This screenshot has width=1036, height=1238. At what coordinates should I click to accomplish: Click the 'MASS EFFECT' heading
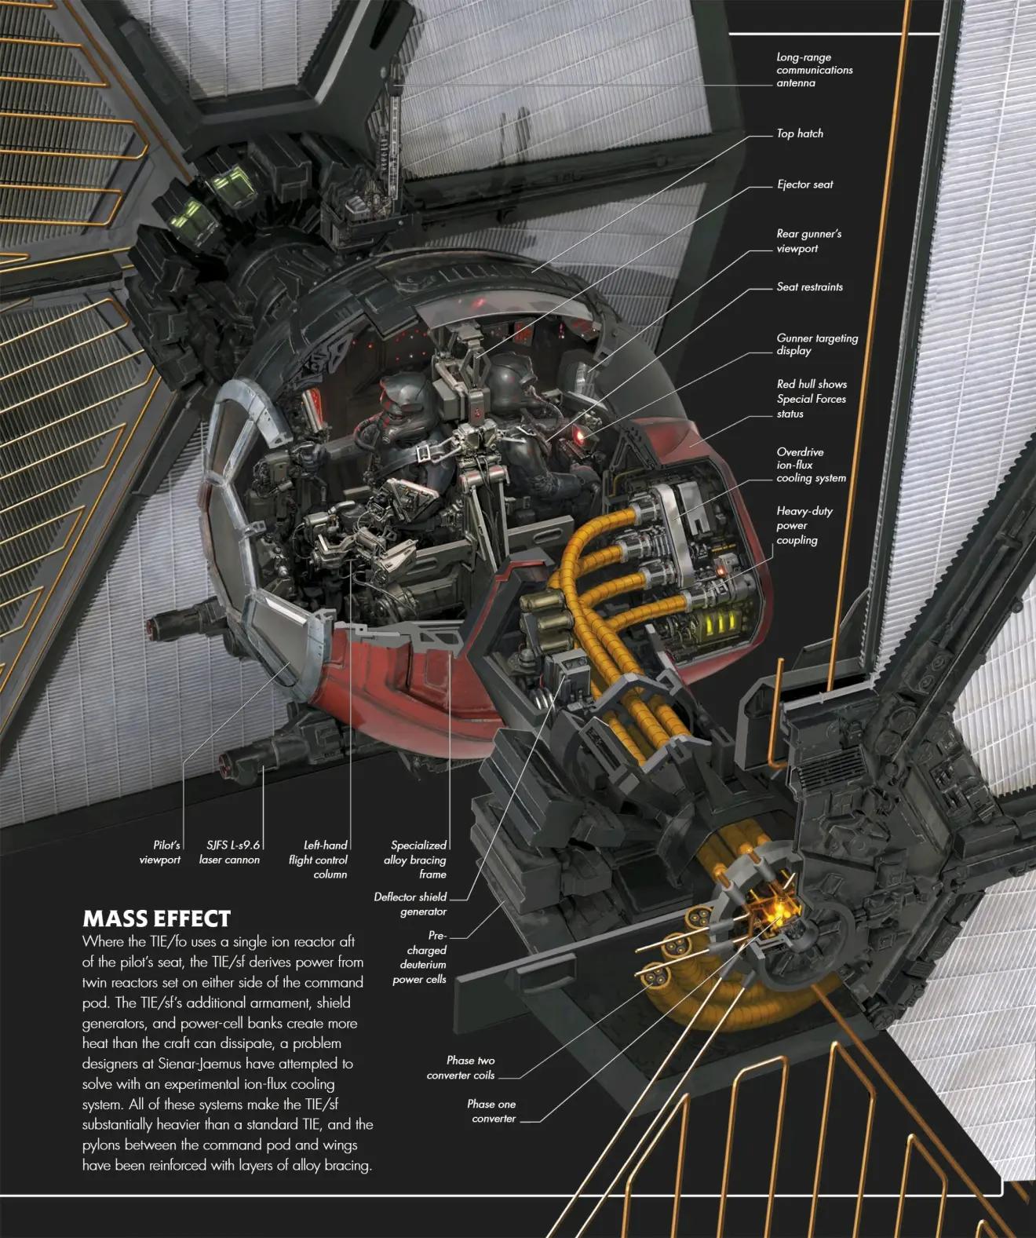[156, 918]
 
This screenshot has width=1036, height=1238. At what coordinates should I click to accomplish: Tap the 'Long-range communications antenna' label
[814, 70]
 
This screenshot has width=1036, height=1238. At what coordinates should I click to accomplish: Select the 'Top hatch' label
[800, 133]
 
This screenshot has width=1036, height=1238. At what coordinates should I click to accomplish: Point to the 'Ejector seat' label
[804, 184]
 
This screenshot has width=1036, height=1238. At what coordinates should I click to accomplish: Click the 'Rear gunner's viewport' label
[808, 241]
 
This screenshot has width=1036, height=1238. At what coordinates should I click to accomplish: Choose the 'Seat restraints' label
[809, 287]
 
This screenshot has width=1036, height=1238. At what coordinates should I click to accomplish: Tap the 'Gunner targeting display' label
[816, 345]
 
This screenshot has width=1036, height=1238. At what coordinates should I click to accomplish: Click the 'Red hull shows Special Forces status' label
[812, 399]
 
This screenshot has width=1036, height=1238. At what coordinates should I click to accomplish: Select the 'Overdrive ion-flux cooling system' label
[811, 465]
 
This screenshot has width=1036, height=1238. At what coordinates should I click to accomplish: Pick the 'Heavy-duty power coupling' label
[804, 525]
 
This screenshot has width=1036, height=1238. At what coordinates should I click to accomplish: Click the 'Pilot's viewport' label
[161, 853]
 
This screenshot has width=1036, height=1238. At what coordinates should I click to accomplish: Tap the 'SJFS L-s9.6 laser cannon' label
[229, 853]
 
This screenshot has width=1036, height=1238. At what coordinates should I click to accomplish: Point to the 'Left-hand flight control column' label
[319, 860]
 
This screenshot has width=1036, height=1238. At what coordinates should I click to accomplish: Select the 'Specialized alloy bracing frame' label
[416, 860]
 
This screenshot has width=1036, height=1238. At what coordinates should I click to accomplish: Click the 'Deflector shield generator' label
[410, 904]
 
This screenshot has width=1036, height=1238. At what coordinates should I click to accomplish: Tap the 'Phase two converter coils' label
[461, 1068]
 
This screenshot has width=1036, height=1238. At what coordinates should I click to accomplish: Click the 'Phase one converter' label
[492, 1111]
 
